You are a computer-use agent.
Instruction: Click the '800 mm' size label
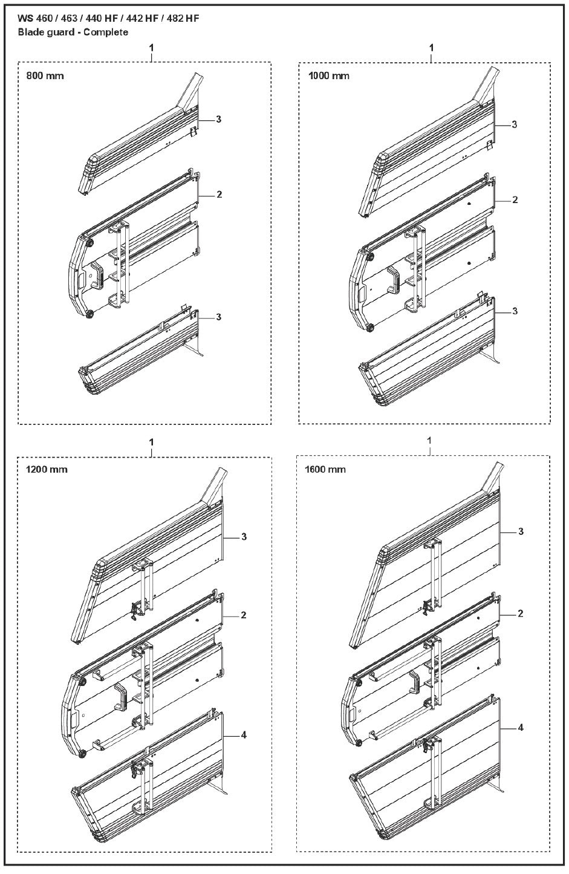[x=45, y=76]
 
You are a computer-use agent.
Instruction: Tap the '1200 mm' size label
[x=47, y=470]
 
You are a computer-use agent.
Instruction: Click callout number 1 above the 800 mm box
[x=151, y=47]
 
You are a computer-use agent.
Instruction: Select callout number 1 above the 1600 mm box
[x=429, y=441]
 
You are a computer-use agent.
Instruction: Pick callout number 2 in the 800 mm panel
[x=219, y=195]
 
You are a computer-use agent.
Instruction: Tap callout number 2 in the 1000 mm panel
[x=515, y=200]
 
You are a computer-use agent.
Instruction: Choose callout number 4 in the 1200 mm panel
[x=243, y=735]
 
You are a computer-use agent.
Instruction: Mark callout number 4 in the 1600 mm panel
[x=521, y=728]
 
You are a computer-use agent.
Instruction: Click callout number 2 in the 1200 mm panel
[x=243, y=615]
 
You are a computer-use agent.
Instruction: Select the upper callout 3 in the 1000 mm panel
[x=515, y=125]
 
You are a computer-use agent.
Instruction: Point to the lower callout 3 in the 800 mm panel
[x=219, y=317]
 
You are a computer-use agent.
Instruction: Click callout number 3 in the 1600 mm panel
[x=521, y=532]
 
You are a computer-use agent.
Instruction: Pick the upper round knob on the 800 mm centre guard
[x=89, y=243]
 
